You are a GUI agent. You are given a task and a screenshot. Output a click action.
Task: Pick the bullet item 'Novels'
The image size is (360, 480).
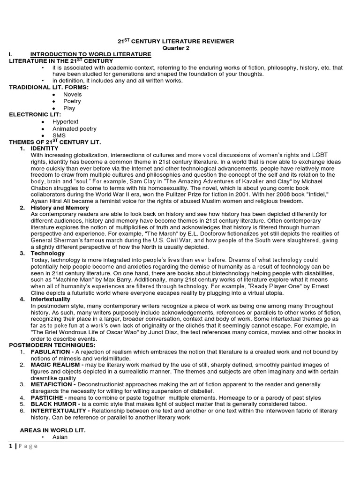click(73, 94)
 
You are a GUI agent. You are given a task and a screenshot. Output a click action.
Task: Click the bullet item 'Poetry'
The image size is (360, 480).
click(73, 101)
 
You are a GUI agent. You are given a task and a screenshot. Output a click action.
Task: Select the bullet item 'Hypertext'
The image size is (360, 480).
click(66, 121)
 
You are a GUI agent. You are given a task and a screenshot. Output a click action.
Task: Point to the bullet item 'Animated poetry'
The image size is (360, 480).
click(75, 128)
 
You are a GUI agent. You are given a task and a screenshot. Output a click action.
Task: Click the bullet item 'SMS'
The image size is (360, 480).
click(59, 135)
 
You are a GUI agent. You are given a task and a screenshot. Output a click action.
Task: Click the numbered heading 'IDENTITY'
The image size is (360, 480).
click(45, 148)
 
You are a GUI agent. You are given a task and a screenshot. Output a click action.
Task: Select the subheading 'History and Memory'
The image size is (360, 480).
click(60, 207)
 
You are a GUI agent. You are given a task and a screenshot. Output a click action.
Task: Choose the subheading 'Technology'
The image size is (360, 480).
click(47, 253)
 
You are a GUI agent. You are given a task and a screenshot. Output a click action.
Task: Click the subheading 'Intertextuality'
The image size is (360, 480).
click(51, 299)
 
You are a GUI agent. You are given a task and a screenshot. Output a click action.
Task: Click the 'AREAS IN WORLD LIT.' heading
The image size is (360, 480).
click(52, 430)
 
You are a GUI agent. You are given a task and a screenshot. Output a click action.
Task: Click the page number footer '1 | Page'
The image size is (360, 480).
click(23, 446)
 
